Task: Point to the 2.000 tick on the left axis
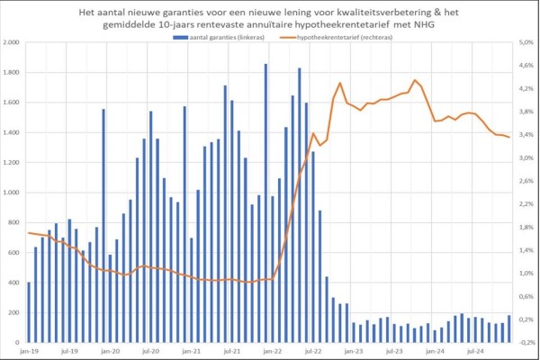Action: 12,42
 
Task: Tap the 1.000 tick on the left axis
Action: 12,193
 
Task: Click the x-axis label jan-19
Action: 28,352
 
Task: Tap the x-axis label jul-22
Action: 313,352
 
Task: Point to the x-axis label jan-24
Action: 436,352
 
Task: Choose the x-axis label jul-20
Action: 150,352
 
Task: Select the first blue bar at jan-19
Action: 29,311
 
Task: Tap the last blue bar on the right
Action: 508,328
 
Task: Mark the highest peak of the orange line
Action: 415,80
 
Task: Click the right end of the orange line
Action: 510,137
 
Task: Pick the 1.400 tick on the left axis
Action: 12,132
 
